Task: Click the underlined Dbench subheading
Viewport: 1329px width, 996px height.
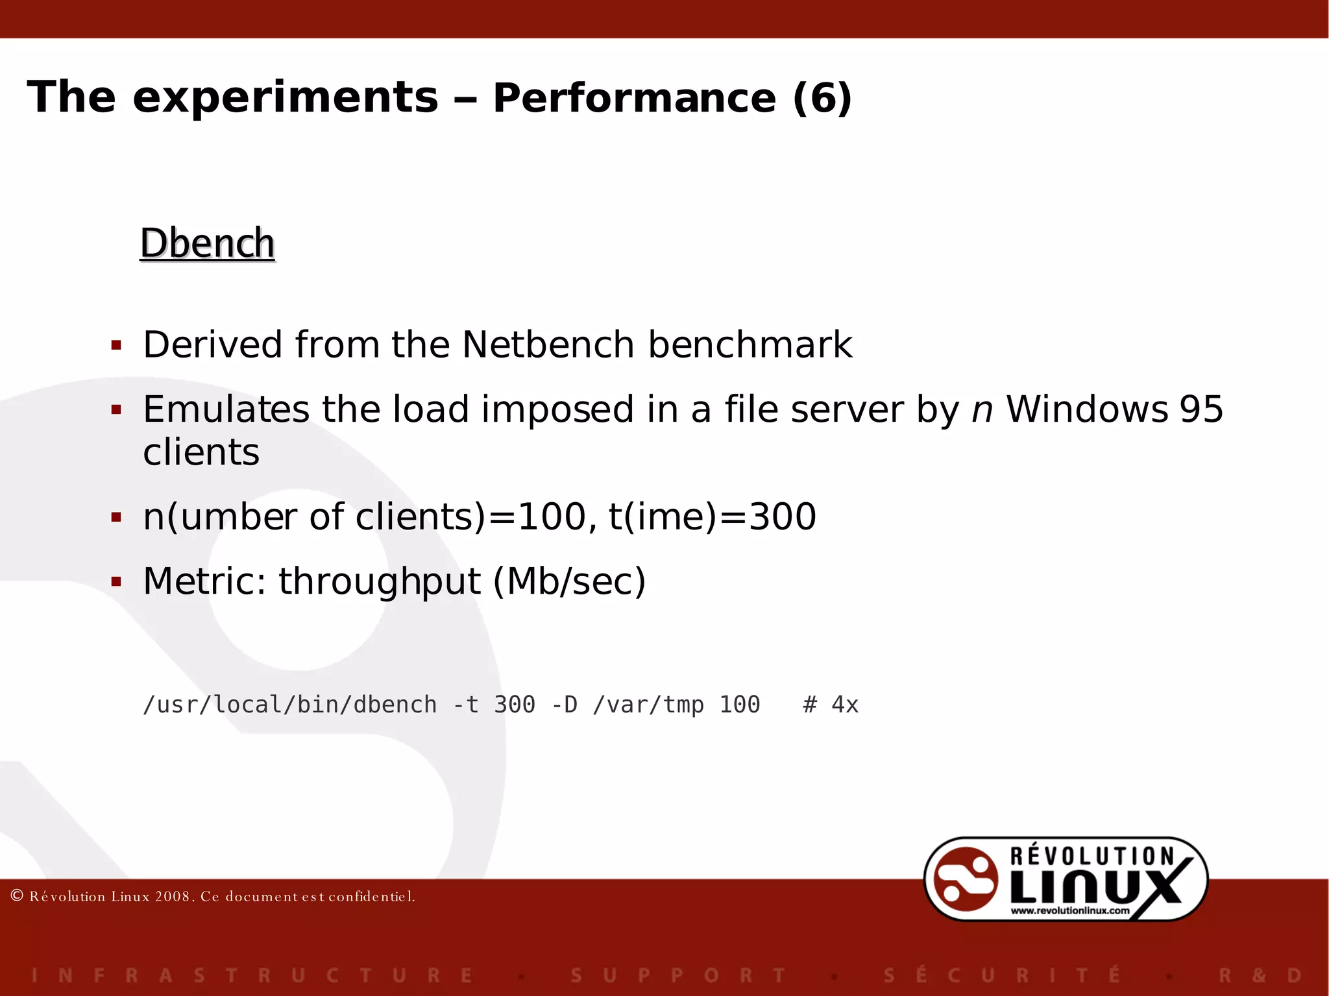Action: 208,244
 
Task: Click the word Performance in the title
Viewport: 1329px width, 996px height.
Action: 634,99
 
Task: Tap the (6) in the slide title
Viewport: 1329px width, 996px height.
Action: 822,99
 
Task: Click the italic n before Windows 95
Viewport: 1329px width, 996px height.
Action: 982,410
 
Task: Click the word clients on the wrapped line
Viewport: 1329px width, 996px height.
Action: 201,452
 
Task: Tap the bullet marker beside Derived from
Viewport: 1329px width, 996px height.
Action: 117,345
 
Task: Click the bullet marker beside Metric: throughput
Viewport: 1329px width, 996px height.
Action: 117,582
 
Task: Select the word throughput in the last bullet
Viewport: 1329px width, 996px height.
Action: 380,581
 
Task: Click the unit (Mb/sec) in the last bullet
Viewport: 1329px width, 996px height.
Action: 569,581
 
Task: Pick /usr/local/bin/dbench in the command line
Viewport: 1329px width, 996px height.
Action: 289,705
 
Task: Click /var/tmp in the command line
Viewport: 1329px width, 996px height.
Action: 648,705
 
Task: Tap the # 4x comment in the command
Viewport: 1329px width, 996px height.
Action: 831,705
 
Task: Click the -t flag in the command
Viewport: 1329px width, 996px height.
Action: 465,705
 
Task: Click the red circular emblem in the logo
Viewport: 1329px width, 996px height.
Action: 965,879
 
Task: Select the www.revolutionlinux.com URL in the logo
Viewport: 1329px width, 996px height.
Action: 1069,911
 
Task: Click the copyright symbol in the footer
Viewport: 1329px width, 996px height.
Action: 18,896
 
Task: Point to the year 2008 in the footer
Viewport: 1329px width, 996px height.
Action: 172,897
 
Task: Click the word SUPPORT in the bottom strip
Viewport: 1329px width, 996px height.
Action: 678,975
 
